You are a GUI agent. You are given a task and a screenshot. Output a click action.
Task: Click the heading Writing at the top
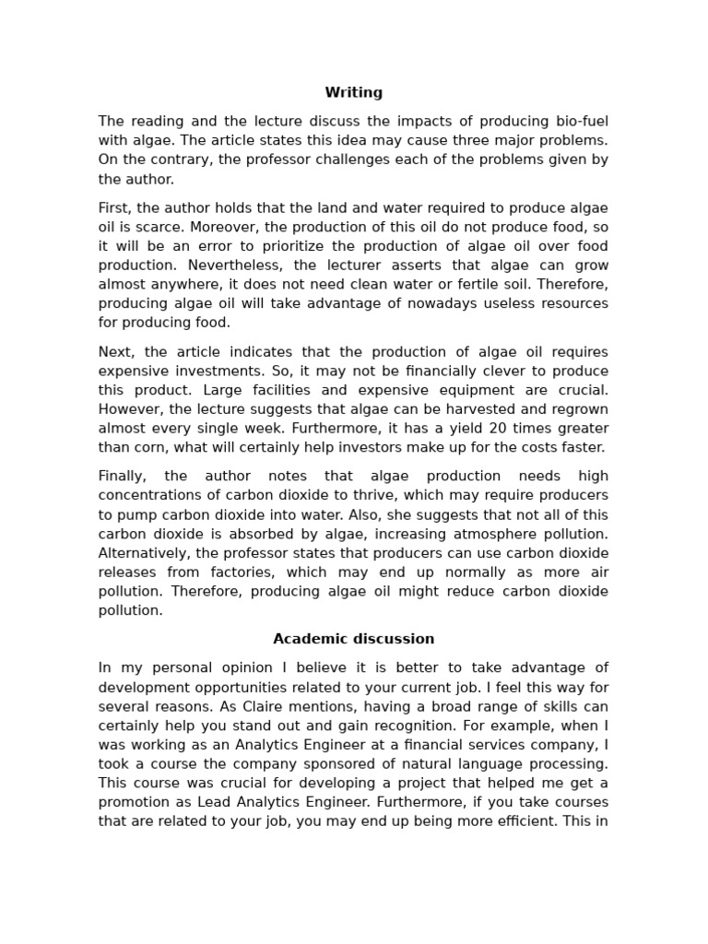[353, 92]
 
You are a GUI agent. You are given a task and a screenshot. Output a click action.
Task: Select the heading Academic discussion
[353, 639]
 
